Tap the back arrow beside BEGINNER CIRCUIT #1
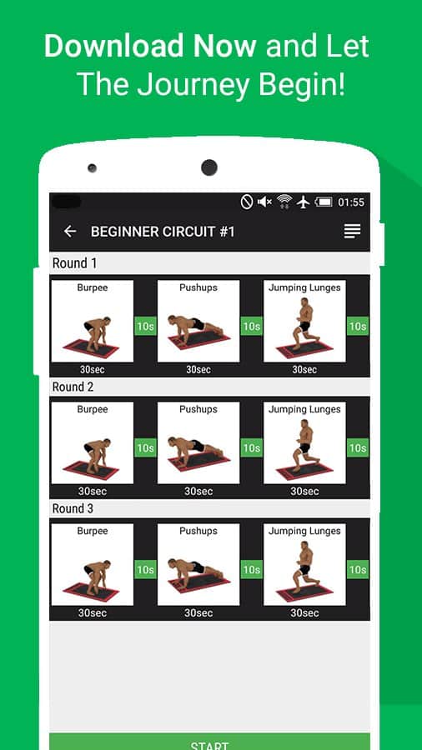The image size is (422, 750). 70,232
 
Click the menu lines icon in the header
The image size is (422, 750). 352,231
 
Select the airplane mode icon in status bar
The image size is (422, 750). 303,202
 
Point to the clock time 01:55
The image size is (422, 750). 351,202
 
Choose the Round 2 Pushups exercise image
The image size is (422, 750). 198,442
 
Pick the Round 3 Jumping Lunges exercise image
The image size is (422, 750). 304,564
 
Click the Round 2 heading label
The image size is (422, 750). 73,387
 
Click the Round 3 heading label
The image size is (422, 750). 73,508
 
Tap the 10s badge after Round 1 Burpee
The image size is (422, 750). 145,326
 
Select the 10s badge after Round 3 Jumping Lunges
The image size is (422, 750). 358,570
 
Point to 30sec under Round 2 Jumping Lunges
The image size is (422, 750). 304,491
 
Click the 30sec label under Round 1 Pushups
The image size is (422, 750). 198,370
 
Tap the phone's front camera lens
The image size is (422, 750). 209,167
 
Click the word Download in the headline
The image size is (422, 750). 114,47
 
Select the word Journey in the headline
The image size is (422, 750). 192,84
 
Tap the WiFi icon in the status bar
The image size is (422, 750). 284,202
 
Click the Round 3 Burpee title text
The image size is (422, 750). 93,531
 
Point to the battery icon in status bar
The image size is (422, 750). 324,202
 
